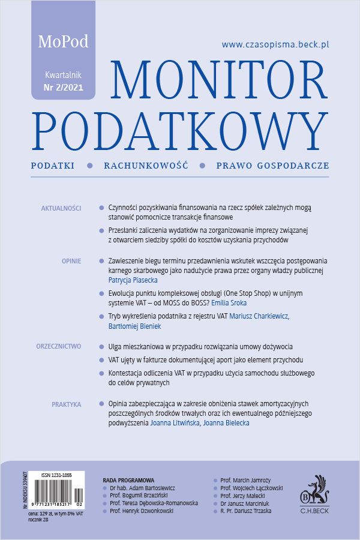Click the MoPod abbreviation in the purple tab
[x=63, y=42]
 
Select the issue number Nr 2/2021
[x=64, y=88]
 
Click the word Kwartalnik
[x=64, y=76]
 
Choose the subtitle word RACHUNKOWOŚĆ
[x=146, y=165]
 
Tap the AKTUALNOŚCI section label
[x=61, y=208]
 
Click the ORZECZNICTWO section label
[x=58, y=347]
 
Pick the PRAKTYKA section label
[x=66, y=404]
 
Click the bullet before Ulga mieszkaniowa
[x=101, y=347]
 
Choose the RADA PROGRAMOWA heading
[x=129, y=480]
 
